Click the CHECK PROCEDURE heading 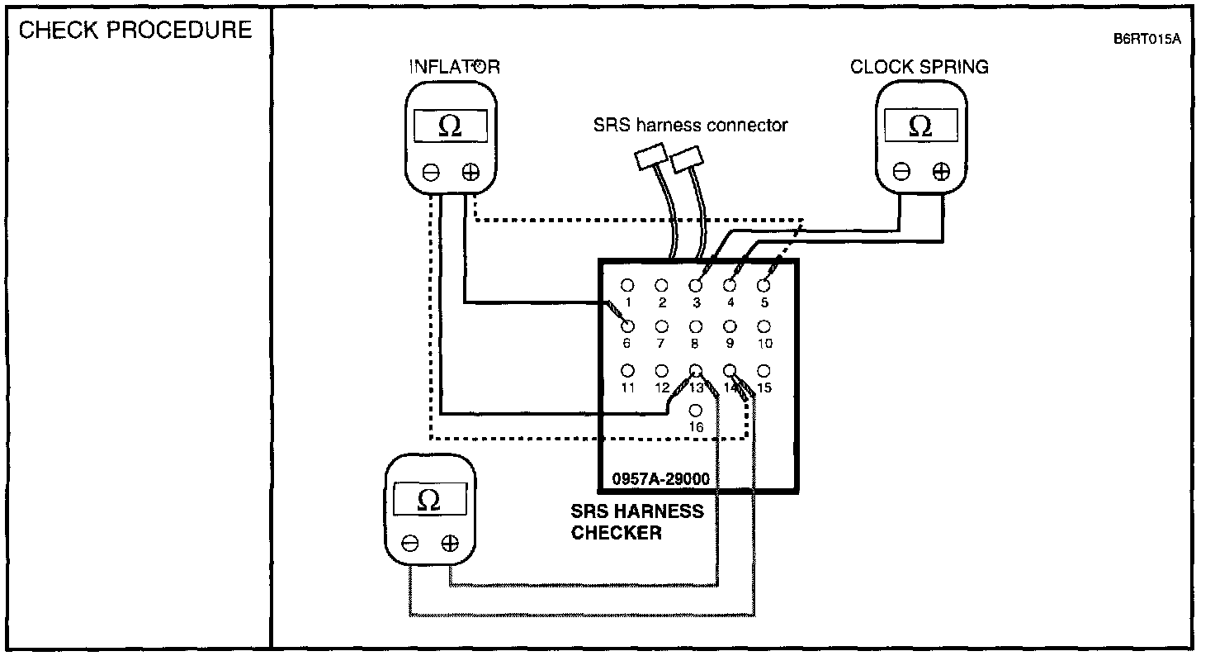point(135,31)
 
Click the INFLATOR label point(455,67)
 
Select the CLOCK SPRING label point(920,67)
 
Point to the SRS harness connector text point(690,126)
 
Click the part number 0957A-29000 point(661,478)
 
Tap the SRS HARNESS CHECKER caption point(638,522)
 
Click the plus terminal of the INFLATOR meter point(470,172)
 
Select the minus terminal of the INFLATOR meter point(431,172)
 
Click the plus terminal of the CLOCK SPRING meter point(941,172)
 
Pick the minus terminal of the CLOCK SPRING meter point(902,172)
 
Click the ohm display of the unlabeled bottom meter point(429,501)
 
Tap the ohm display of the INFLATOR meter point(451,126)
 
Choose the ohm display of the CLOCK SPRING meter point(920,126)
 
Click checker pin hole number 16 point(696,410)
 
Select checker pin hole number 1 point(627,285)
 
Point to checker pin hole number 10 point(764,327)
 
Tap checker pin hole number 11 point(627,370)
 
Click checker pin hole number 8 point(696,327)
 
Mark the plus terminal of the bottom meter point(449,543)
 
